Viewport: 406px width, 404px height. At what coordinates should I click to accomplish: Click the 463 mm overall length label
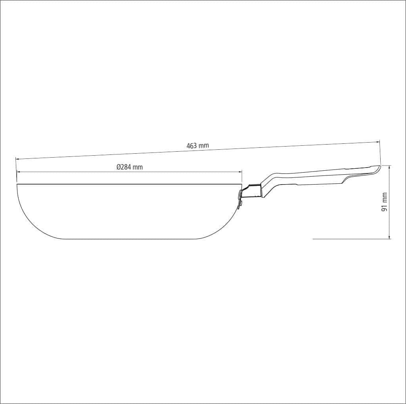[x=197, y=146]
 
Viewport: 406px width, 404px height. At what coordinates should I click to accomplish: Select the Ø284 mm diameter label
[x=130, y=167]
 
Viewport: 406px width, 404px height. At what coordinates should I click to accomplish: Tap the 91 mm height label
[x=385, y=202]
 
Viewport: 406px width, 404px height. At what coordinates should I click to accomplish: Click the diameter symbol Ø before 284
[x=118, y=167]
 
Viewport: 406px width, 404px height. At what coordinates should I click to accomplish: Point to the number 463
[x=192, y=146]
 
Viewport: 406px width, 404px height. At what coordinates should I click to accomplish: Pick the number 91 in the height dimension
[x=385, y=207]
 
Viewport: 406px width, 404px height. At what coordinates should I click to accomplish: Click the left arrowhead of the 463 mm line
[x=17, y=159]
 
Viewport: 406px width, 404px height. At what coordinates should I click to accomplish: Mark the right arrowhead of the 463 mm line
[x=378, y=142]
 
